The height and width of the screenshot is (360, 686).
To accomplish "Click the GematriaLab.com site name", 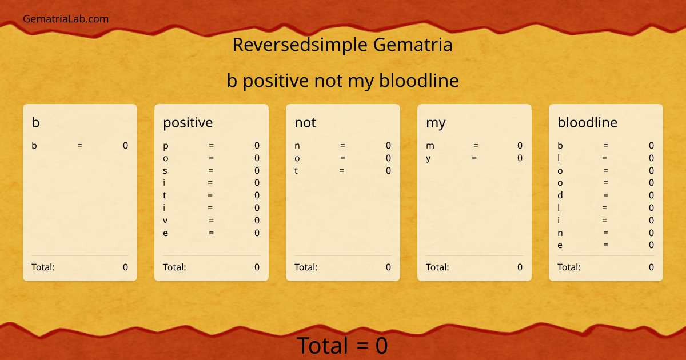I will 66,19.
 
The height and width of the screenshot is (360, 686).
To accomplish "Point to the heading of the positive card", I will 188,122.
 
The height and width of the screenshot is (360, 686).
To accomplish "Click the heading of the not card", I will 305,122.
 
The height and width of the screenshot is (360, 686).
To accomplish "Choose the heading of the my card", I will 436,123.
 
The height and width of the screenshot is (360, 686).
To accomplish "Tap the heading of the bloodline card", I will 587,122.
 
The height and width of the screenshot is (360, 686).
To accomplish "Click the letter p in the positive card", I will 166,146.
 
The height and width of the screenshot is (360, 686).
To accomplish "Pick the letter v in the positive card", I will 165,221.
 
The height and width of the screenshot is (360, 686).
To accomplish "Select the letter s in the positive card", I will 165,171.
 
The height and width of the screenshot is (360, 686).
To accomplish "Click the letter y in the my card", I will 428,159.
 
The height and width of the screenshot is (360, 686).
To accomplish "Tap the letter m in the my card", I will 430,146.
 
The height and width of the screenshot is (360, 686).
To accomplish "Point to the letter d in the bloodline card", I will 560,195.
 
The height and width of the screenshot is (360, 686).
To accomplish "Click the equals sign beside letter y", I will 474,158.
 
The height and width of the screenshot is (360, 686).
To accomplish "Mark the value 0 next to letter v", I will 257,221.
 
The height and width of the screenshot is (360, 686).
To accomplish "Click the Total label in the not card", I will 306,267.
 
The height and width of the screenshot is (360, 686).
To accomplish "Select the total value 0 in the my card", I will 520,267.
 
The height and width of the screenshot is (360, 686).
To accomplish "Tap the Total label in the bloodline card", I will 569,267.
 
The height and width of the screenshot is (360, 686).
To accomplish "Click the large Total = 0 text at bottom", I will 342,346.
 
